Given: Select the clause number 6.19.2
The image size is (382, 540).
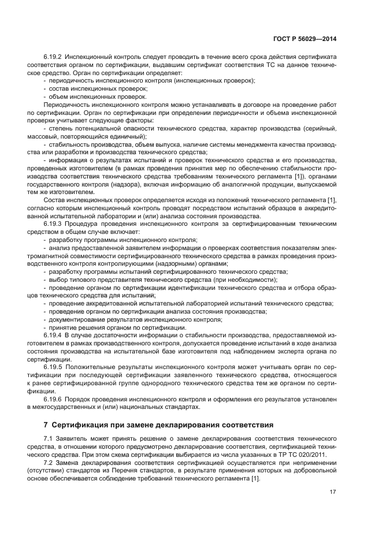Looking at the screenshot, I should point(53,58).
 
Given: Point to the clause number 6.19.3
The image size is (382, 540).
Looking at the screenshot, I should point(53,222).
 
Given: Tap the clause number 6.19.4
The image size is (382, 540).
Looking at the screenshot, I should point(53,335).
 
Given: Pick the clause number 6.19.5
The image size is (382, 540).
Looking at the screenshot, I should point(53,367).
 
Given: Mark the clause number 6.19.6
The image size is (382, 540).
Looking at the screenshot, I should point(53,399).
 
